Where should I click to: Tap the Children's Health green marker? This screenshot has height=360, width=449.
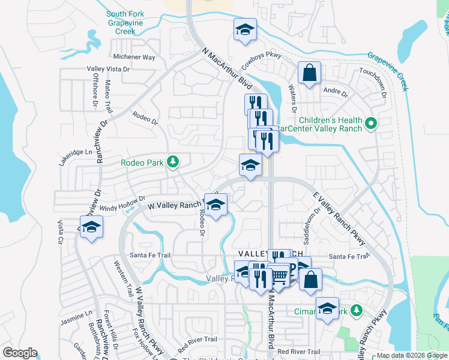370,124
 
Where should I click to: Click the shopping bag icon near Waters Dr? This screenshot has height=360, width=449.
309,73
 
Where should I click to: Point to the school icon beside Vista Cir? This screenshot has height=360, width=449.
91,227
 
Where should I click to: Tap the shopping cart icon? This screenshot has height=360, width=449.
280,275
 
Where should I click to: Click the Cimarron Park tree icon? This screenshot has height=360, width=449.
357,310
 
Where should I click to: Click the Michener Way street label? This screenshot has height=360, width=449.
134,58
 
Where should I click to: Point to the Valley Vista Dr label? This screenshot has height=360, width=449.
108,69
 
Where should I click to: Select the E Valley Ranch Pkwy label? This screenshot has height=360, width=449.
340,218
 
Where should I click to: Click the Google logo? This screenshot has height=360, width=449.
20,353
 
